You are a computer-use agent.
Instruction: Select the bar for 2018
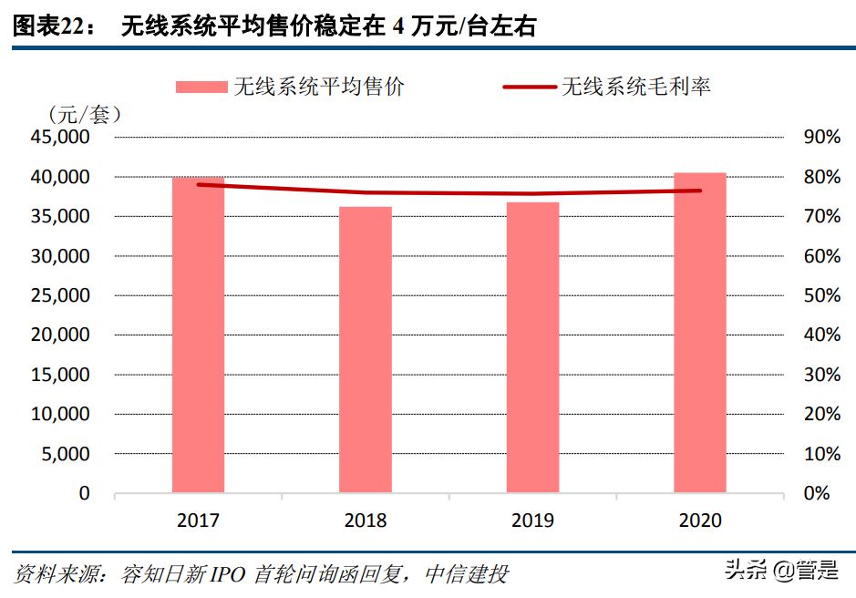(x=366, y=350)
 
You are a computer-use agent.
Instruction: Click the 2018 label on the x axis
(x=366, y=521)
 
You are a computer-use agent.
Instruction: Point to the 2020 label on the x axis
(x=700, y=521)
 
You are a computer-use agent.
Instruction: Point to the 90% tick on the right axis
(x=821, y=138)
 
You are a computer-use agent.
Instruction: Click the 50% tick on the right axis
(x=821, y=295)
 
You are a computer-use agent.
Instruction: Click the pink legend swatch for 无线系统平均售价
(x=201, y=87)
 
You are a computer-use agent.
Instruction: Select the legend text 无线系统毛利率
(x=636, y=87)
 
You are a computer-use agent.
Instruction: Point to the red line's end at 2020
(x=700, y=191)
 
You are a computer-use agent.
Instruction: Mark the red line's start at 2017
(x=198, y=185)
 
